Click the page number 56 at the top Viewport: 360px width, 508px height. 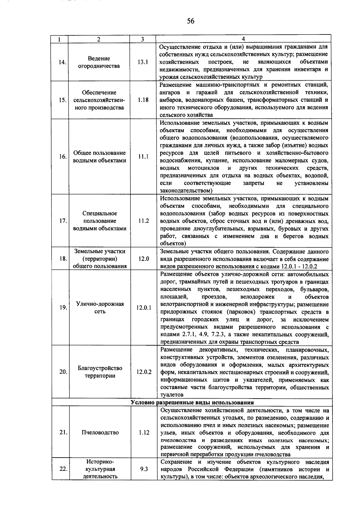pos(190,21)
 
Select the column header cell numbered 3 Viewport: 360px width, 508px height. pos(142,39)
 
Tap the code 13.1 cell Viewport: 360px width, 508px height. pos(143,62)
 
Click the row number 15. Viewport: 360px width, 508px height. pos(62,100)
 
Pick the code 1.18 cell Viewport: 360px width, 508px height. pos(143,100)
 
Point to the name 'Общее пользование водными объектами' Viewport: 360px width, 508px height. pos(100,157)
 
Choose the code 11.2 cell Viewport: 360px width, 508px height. pos(144,221)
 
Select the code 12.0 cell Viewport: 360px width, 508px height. pos(144,259)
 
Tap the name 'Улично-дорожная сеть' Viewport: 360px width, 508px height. pos(100,308)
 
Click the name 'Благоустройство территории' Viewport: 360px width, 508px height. pos(100,372)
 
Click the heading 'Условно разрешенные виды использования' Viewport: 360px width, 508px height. pos(192,403)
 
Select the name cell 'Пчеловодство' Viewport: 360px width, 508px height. pos(100,432)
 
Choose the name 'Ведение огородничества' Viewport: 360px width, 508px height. pos(99,62)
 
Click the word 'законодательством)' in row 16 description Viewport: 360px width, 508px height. pos(186,191)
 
